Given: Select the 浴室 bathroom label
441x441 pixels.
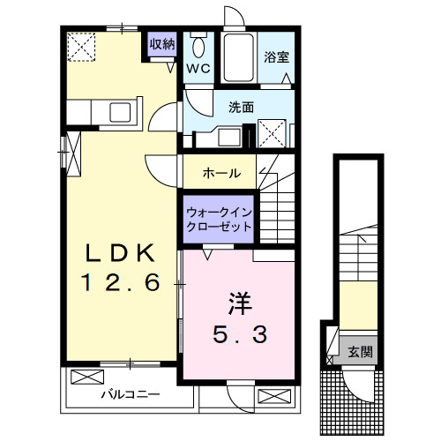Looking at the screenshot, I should point(277,58).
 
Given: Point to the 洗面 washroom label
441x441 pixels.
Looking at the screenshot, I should point(241,107).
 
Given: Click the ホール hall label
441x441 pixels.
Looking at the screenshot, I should point(221,173).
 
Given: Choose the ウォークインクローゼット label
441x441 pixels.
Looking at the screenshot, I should point(218,220).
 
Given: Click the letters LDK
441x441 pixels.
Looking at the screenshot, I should point(119,254).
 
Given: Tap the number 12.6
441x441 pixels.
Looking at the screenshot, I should point(121,284).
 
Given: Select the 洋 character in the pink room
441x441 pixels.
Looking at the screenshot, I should point(237,303).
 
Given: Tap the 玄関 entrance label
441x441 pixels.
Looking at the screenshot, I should point(359,352).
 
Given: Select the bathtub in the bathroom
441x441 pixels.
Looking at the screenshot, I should point(237,57).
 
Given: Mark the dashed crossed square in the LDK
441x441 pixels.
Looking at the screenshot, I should point(84,46).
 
